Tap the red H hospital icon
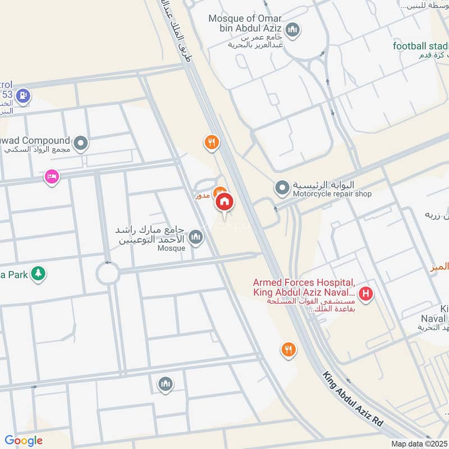point(366,293)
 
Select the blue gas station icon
point(22,96)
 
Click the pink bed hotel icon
point(52,176)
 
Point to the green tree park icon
point(38,273)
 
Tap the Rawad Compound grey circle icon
point(81,144)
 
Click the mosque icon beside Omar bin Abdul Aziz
point(292,29)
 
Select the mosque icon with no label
point(165,384)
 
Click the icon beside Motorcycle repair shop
point(282,186)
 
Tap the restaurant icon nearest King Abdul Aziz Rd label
point(288,350)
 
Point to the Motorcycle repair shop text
point(332,194)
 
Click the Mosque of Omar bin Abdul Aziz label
point(245,19)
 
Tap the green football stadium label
point(421,46)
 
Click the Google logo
point(23,441)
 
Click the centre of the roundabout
point(107,274)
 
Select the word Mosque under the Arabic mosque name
point(171,248)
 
